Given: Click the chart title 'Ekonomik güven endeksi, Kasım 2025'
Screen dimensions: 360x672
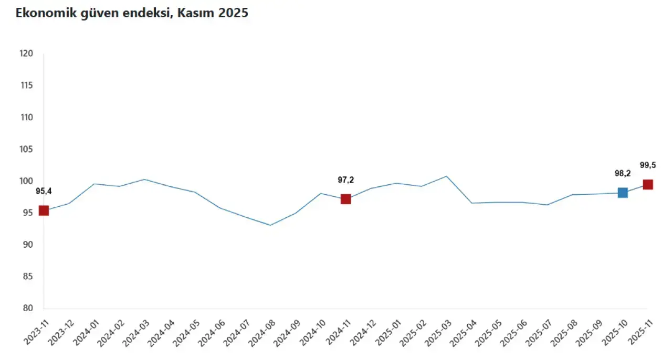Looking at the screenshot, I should (132, 14).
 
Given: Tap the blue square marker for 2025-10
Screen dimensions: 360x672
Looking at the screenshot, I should (623, 193).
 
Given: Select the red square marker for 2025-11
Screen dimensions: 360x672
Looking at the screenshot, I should (648, 184).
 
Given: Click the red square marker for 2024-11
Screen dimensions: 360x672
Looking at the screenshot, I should (345, 199).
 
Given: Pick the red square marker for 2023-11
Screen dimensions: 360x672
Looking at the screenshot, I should (44, 210).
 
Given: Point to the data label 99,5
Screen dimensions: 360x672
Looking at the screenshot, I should (648, 165).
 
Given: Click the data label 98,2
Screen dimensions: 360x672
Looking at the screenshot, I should (623, 174).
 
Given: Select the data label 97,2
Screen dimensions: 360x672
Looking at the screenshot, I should (345, 180).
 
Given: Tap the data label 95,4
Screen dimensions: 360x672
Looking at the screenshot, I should (44, 191).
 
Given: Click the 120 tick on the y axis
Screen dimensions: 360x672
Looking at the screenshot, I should (26, 54).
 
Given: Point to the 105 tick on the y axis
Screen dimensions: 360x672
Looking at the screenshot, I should (26, 149).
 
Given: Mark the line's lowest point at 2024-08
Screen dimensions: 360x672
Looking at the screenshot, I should (270, 225).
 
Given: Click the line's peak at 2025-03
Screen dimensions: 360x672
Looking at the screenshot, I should (446, 176).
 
